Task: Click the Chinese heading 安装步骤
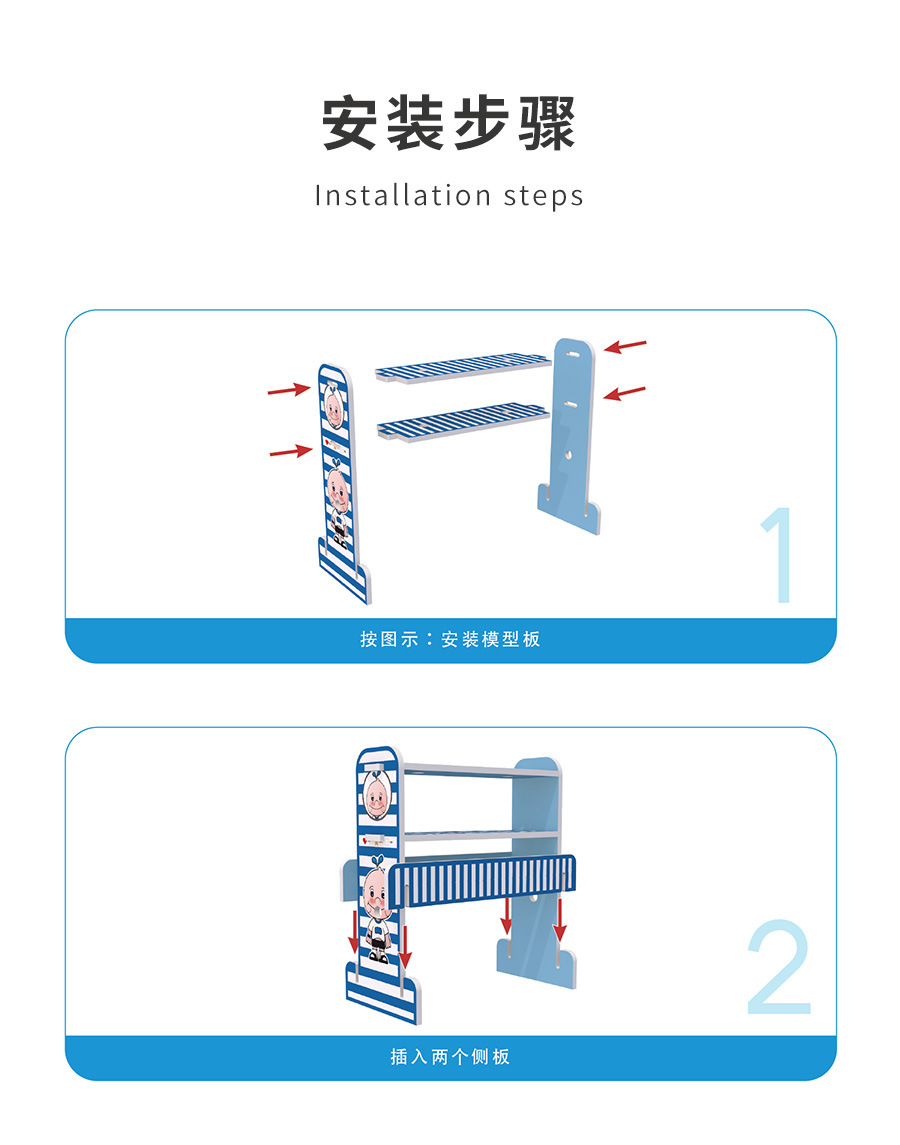(449, 123)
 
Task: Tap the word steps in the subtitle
(544, 197)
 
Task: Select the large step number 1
(779, 554)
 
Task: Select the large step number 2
(779, 967)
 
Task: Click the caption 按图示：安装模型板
(450, 640)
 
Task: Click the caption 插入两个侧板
(450, 1057)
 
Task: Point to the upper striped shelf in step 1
(463, 367)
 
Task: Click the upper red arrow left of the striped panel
(289, 390)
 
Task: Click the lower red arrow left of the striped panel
(291, 452)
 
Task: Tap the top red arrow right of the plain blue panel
(625, 345)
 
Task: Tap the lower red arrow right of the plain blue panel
(625, 393)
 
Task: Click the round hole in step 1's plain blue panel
(569, 455)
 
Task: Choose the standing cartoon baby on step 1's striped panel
(338, 504)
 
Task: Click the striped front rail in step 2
(482, 881)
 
